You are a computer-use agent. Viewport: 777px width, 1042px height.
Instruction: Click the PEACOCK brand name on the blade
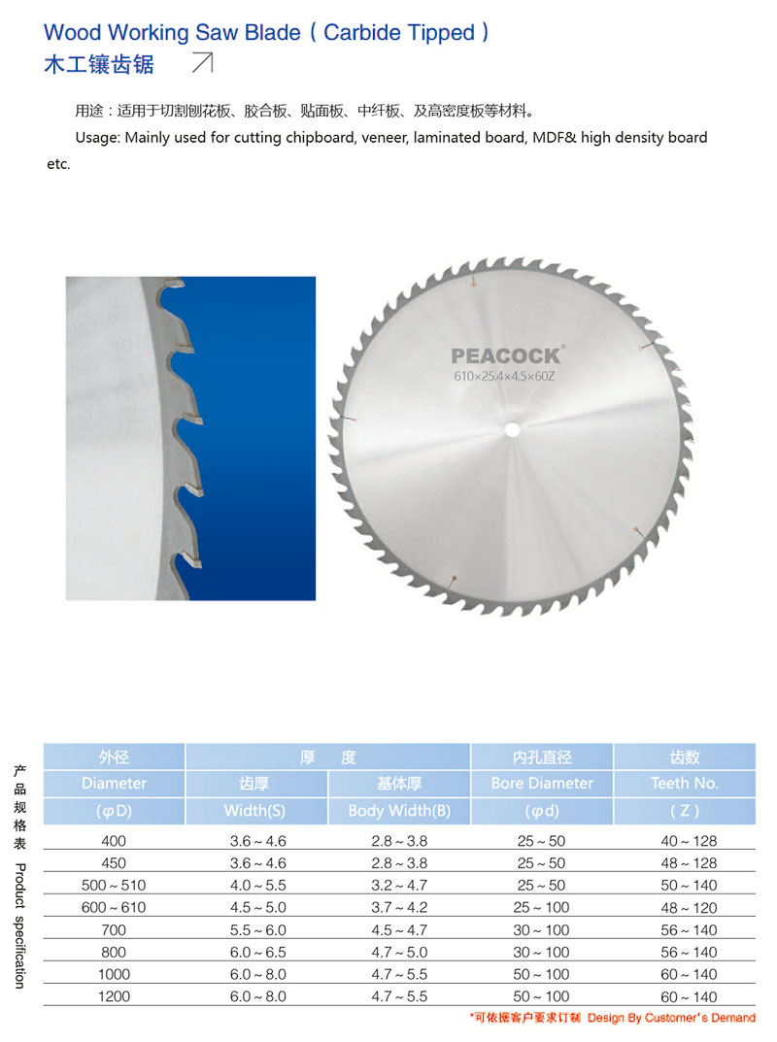click(505, 356)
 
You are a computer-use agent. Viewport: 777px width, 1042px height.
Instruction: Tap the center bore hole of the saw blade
click(513, 427)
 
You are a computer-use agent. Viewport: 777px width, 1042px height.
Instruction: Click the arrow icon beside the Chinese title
click(203, 64)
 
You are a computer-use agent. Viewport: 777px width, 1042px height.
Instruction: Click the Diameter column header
click(115, 783)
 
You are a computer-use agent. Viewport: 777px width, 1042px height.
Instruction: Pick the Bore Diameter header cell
click(542, 783)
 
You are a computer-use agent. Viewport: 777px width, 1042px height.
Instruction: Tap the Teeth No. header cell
click(685, 783)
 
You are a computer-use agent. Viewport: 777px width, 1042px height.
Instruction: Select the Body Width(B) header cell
click(399, 811)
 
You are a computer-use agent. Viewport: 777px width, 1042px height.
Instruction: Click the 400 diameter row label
click(115, 841)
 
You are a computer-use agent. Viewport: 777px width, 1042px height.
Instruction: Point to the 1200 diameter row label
click(115, 996)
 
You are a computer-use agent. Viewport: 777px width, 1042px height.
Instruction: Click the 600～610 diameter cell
click(115, 907)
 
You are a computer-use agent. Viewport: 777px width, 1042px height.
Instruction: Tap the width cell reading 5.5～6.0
click(255, 930)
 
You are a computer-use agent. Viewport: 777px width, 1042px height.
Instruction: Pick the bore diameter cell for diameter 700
click(542, 930)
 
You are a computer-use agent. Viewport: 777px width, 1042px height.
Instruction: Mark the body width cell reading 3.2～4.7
click(399, 886)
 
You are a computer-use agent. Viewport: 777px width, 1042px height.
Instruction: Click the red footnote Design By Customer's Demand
click(671, 1018)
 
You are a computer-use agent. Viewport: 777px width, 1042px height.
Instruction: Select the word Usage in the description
click(97, 138)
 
